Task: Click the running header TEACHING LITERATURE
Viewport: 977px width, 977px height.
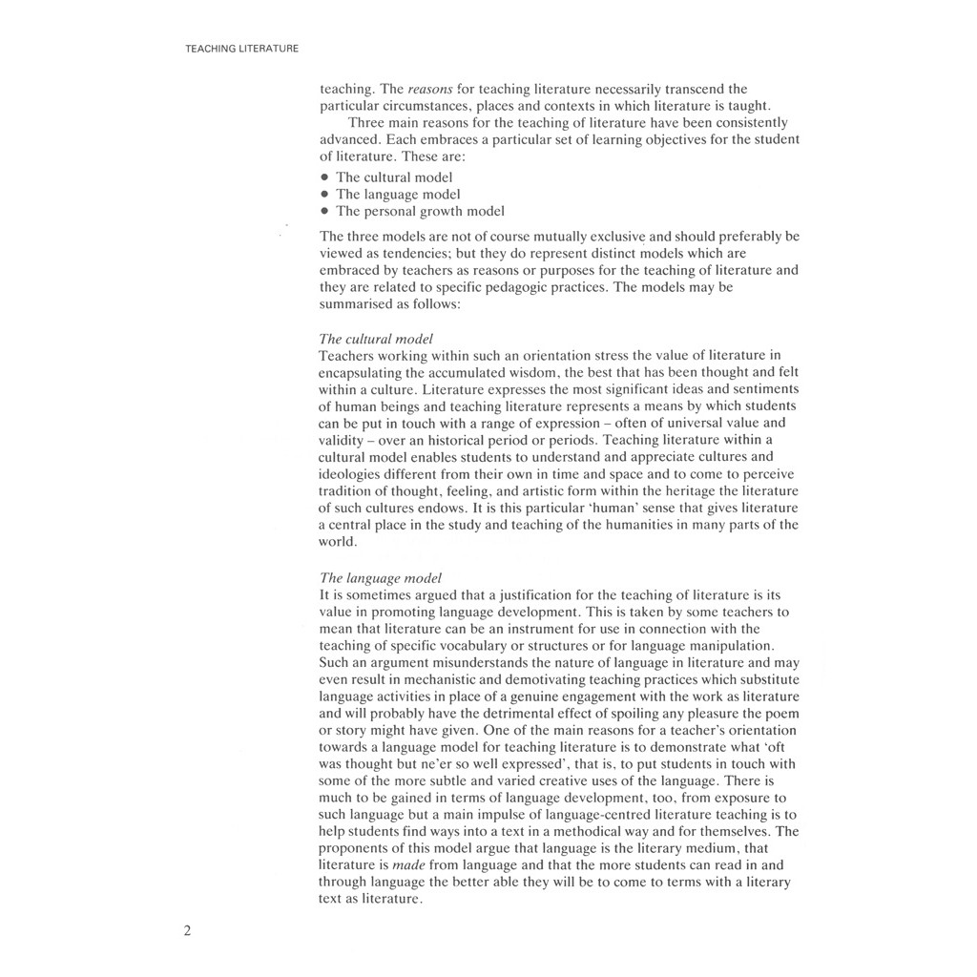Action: coord(242,48)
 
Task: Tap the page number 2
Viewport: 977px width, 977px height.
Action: coord(188,931)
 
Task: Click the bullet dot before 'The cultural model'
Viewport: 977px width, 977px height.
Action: coord(325,177)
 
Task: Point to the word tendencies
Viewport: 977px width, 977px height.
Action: coord(411,253)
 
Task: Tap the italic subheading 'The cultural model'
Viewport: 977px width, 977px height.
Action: coord(376,339)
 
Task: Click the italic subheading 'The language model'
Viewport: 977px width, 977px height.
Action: coord(380,577)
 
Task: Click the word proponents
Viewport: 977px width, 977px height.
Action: coord(353,848)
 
